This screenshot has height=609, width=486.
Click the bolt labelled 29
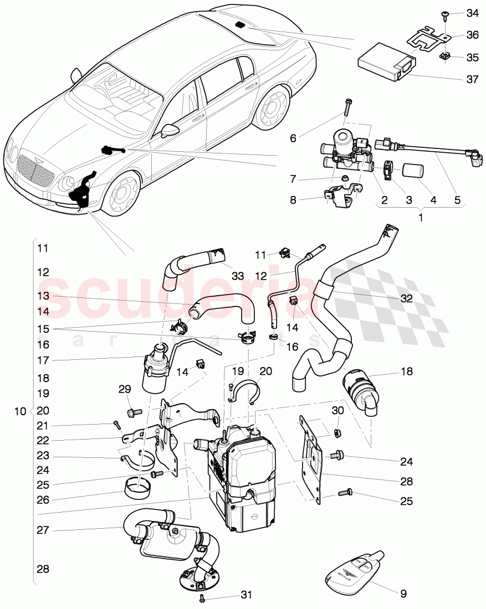[x=134, y=412]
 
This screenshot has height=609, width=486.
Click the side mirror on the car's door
[x=168, y=131]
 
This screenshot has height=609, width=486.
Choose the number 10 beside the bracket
[x=20, y=411]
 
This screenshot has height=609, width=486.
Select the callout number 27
[x=43, y=530]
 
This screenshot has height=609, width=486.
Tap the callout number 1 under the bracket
[x=420, y=218]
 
